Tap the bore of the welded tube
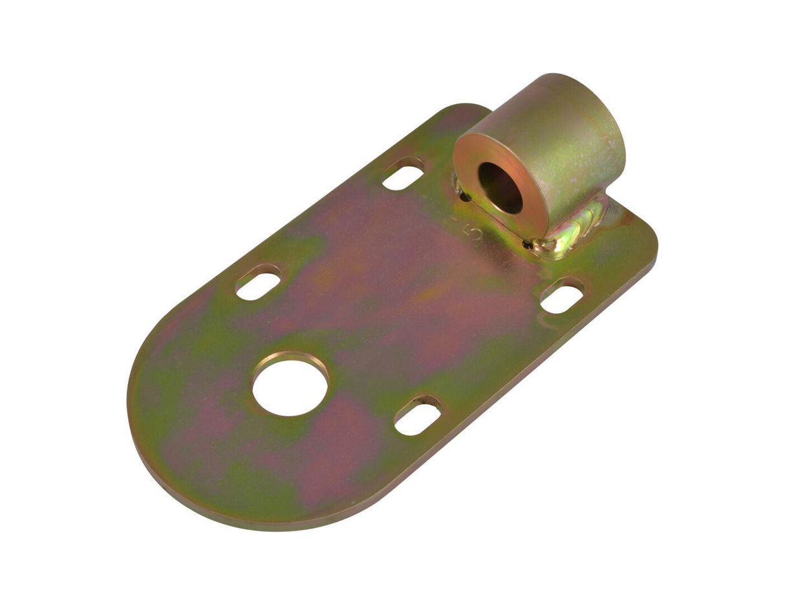click(x=500, y=188)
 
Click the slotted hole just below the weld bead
click(x=561, y=296)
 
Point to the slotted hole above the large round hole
click(x=258, y=282)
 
